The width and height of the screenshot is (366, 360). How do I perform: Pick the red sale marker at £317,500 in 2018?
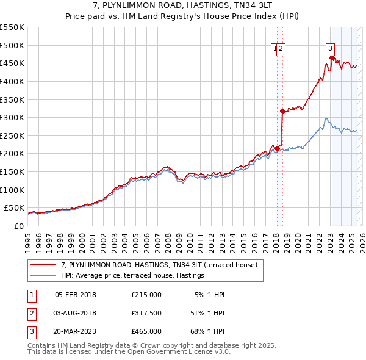click(282, 111)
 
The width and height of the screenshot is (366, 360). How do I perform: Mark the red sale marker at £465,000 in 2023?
click(332, 59)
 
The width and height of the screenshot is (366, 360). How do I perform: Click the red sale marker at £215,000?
click(277, 148)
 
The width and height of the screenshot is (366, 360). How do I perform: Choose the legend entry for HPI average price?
click(132, 276)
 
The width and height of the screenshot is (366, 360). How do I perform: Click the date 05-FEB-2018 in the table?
click(75, 295)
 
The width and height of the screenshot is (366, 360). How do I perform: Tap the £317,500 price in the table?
click(146, 313)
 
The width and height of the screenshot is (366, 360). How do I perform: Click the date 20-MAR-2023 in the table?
click(76, 331)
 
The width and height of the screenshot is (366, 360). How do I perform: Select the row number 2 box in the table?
click(31, 313)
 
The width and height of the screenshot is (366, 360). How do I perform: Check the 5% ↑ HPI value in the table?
click(210, 295)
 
